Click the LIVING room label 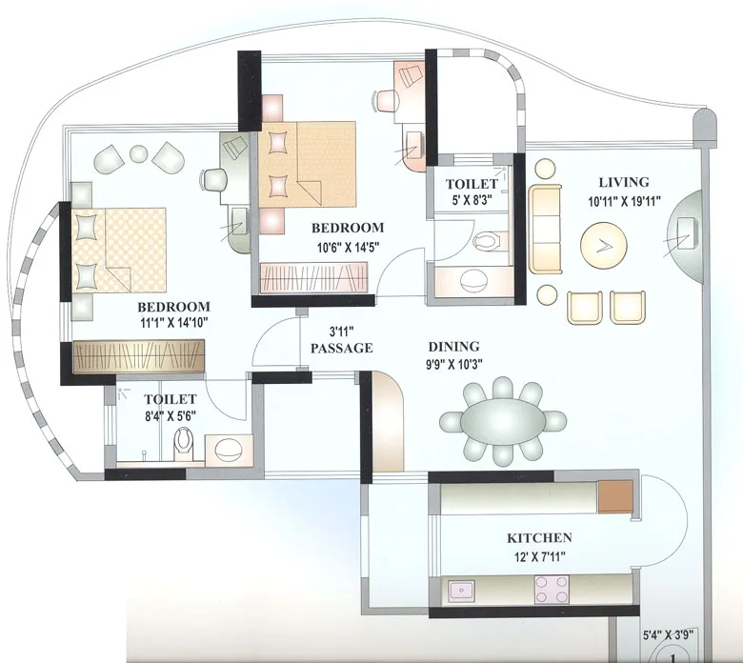pos(624,182)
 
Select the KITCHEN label pos(539,538)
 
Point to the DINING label pos(453,348)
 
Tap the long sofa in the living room pos(546,227)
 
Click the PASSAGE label pos(341,349)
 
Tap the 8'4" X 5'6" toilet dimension pos(170,416)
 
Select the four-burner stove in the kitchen pos(552,591)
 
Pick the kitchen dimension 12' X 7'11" pos(539,555)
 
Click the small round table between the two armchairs pos(139,152)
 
